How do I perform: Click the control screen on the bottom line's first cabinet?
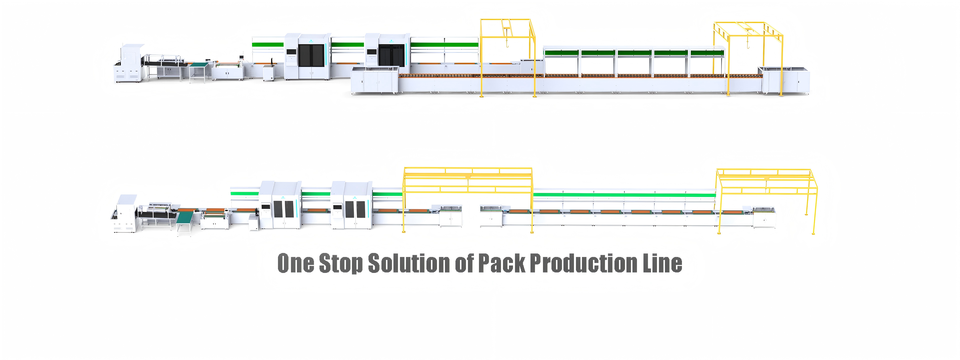point(265,207)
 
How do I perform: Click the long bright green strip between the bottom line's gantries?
point(624,194)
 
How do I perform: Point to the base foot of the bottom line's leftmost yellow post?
point(404,232)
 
